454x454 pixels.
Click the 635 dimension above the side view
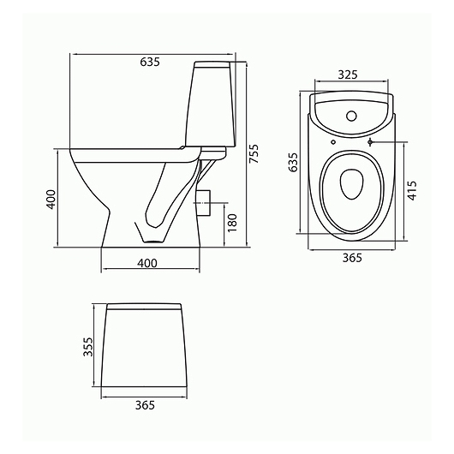[x=150, y=62]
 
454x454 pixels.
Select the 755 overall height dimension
[x=254, y=153]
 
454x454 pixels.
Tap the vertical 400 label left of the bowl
[x=51, y=200]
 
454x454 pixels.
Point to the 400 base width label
[x=147, y=263]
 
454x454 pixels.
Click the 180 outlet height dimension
[x=232, y=223]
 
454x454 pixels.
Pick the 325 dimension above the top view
[x=348, y=75]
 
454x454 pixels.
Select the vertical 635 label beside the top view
[x=293, y=163]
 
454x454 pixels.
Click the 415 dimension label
[x=412, y=190]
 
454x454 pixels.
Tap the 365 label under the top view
[x=352, y=257]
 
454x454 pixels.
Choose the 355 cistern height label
[x=87, y=347]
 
